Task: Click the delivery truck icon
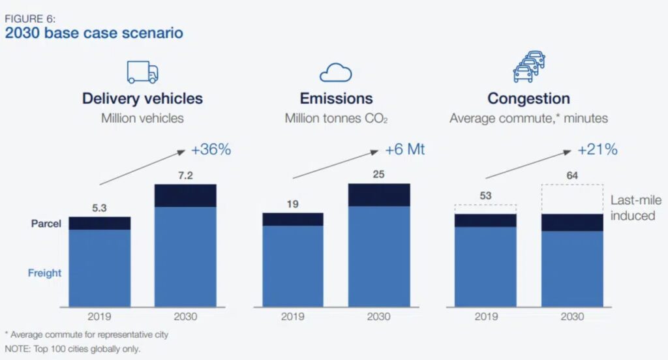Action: [x=142, y=72]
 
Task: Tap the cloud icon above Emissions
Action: [x=336, y=72]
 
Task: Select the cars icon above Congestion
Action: [x=529, y=67]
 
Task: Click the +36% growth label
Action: [x=211, y=149]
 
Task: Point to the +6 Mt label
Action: [x=404, y=149]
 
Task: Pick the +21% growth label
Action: [x=598, y=149]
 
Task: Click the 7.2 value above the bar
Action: [x=185, y=175]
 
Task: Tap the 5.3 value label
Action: [x=99, y=208]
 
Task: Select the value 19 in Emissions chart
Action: [x=293, y=204]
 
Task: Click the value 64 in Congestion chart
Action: [x=572, y=175]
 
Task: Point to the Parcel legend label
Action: [x=46, y=224]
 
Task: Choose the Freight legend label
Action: [x=45, y=273]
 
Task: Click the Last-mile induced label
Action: [x=635, y=208]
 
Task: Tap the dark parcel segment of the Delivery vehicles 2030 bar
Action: [x=185, y=196]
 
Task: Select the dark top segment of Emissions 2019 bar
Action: [x=293, y=219]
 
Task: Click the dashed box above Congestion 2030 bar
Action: [x=572, y=185]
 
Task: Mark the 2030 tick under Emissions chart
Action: [x=379, y=316]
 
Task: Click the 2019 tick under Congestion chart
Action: [x=486, y=316]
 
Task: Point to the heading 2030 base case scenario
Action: [x=94, y=33]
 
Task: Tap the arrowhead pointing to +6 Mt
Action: [x=374, y=152]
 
